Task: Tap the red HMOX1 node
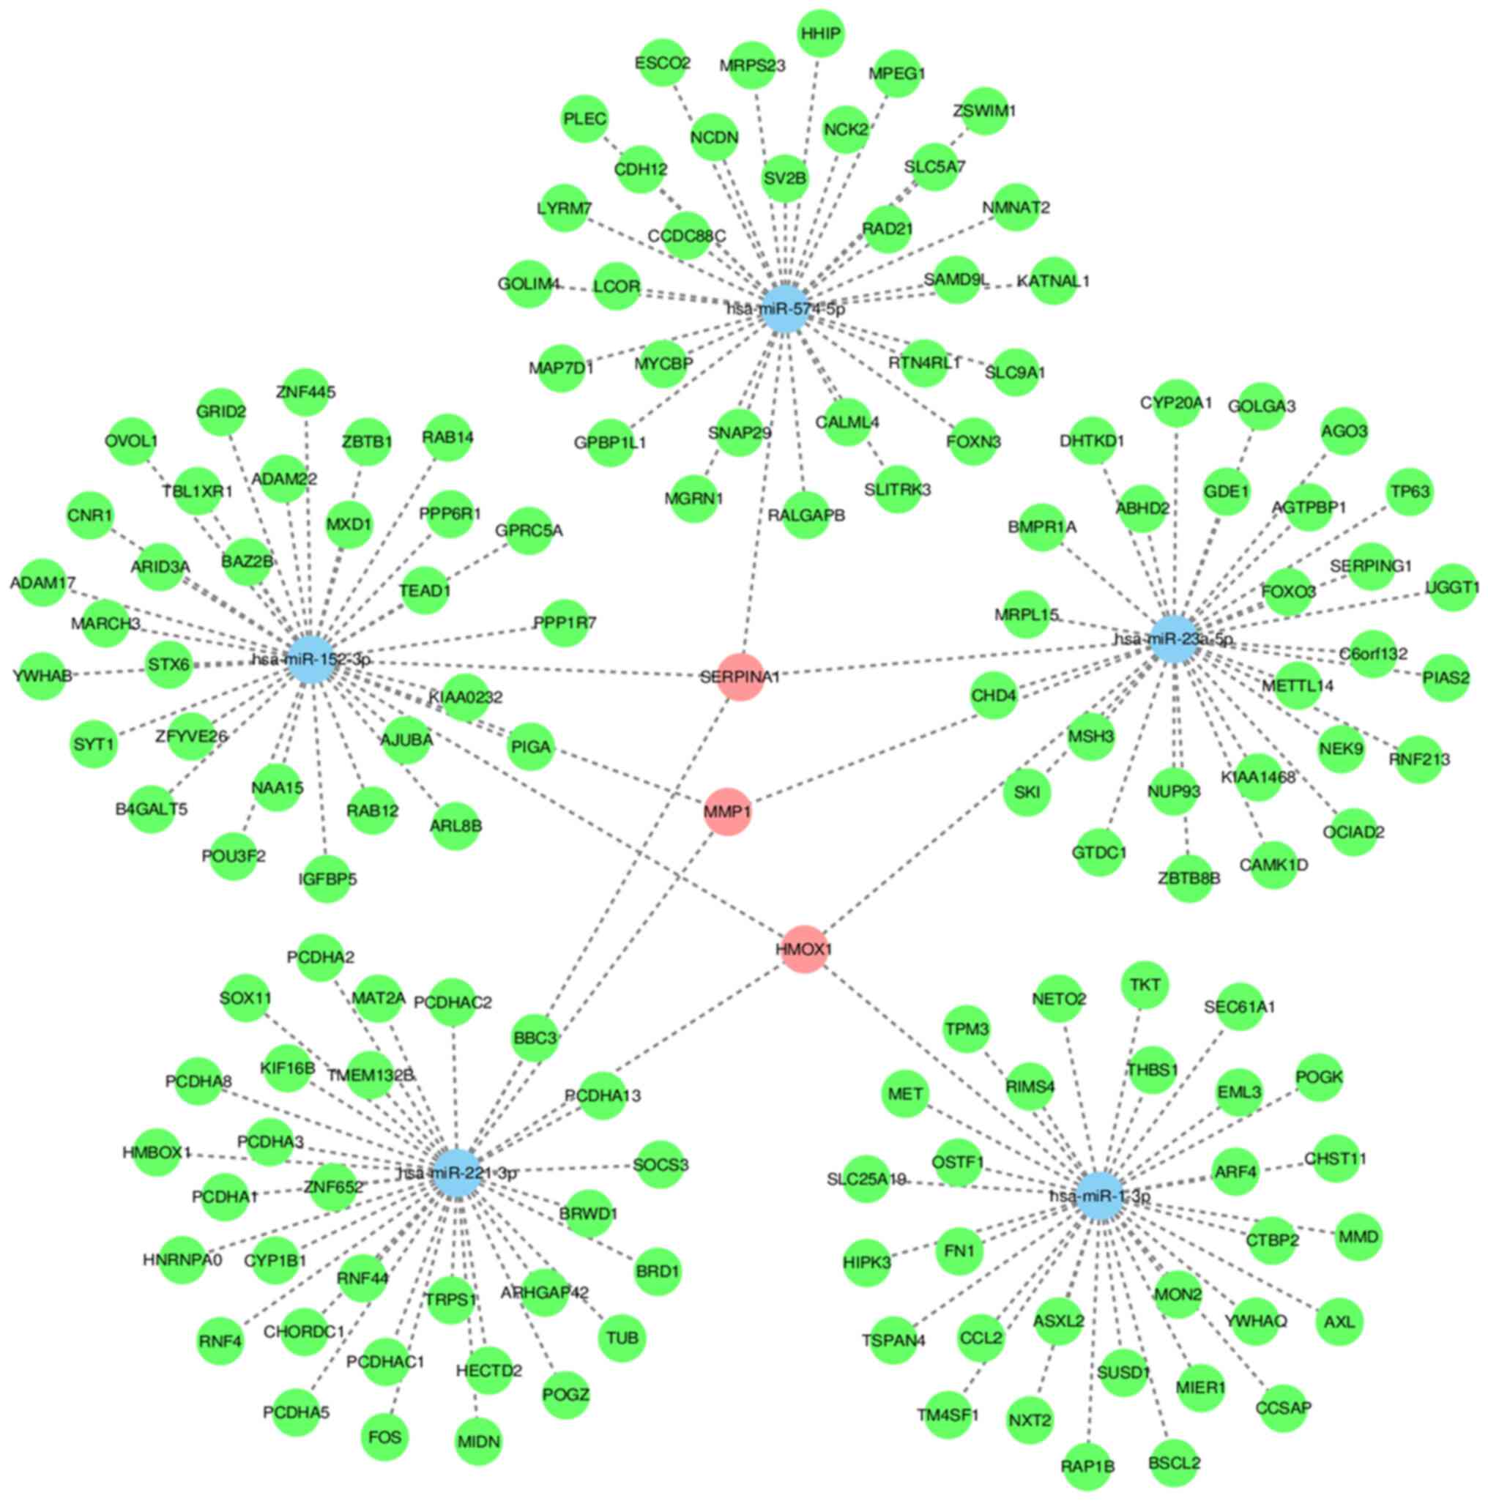coord(804,949)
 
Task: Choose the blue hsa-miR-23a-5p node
coord(1172,639)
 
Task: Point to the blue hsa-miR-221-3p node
coord(458,1173)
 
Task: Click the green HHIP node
coord(821,34)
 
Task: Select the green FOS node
coord(384,1437)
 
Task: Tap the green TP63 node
coord(1410,492)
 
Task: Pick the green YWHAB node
coord(42,676)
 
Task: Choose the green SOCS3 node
coord(661,1166)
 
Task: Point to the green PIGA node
coord(531,748)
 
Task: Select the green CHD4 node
coord(993,696)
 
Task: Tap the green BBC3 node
coord(535,1038)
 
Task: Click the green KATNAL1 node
coord(1053,280)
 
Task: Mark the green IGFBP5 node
coord(327,879)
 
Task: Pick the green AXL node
coord(1339,1321)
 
